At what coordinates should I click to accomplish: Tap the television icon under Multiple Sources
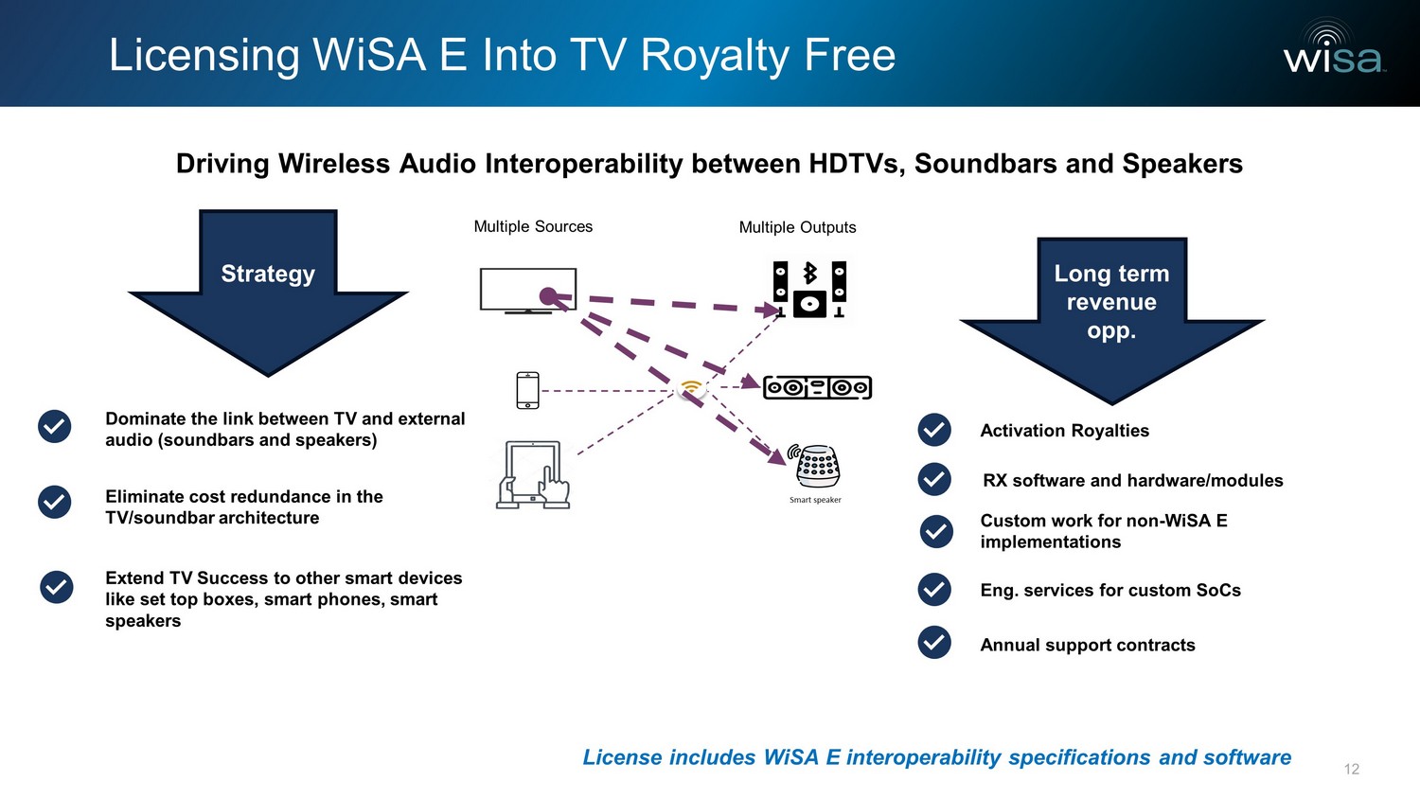coord(527,291)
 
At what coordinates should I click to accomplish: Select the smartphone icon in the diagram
coord(527,390)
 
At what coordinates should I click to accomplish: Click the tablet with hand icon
coord(533,475)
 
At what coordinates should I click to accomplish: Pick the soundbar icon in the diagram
coord(817,387)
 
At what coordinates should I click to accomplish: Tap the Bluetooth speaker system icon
coord(809,290)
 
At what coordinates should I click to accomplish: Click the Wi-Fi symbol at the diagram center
coord(692,387)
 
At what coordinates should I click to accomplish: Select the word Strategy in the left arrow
coord(268,274)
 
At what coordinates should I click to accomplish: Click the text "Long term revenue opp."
coord(1111,302)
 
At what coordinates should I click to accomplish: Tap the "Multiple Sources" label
coord(533,227)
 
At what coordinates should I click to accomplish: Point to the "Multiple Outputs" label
coord(797,227)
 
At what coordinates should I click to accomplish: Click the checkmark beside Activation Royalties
coord(934,430)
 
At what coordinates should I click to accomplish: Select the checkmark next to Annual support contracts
coord(934,643)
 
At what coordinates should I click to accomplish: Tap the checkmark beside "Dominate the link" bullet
coord(55,427)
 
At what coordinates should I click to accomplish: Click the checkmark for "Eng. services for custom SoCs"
coord(934,590)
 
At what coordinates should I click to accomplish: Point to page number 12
coord(1351,769)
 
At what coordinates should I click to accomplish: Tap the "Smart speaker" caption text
coord(815,500)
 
